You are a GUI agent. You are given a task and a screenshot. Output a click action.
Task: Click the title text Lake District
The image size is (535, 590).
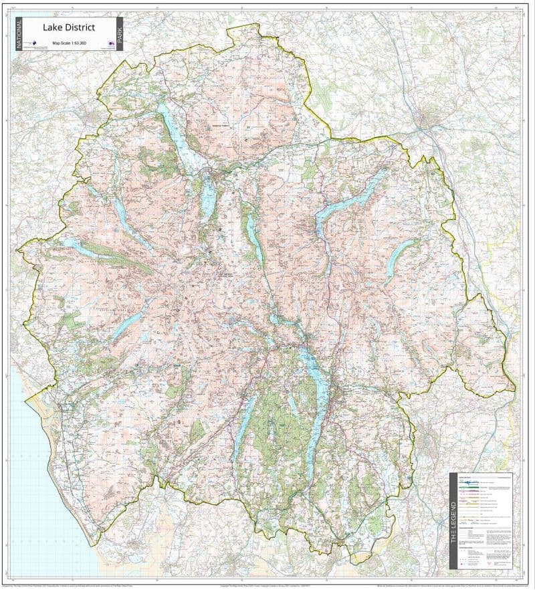coord(69,27)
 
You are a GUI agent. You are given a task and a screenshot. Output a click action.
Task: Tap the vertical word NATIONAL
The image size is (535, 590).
coord(18,33)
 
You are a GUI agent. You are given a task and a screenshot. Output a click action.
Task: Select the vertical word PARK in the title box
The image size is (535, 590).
coord(120,33)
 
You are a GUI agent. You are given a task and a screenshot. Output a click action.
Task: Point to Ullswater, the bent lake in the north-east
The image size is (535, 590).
coord(348,201)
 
